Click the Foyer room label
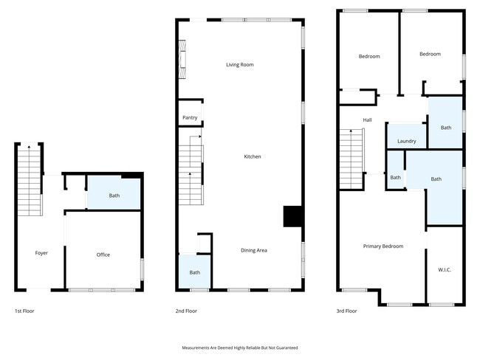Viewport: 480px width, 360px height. pyautogui.click(x=41, y=253)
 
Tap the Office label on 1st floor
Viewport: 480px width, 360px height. pyautogui.click(x=103, y=255)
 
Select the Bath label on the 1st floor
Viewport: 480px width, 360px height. pyautogui.click(x=114, y=195)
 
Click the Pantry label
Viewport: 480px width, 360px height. pyautogui.click(x=190, y=117)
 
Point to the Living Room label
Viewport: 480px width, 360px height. pyautogui.click(x=240, y=65)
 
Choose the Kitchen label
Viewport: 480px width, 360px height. pyautogui.click(x=253, y=156)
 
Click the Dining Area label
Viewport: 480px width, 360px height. pyautogui.click(x=254, y=250)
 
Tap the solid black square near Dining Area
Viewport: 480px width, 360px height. pyautogui.click(x=293, y=216)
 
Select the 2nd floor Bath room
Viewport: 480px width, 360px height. pyautogui.click(x=194, y=271)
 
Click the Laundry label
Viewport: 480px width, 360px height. pyautogui.click(x=407, y=141)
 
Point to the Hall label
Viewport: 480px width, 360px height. pyautogui.click(x=367, y=120)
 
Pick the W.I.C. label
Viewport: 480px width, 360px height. pyautogui.click(x=445, y=270)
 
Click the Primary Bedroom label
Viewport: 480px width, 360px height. pyautogui.click(x=383, y=246)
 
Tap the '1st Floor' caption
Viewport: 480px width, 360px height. pyautogui.click(x=24, y=311)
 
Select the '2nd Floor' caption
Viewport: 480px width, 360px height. pyautogui.click(x=186, y=311)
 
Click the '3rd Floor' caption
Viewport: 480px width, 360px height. pyautogui.click(x=346, y=311)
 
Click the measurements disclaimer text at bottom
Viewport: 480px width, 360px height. pyautogui.click(x=240, y=347)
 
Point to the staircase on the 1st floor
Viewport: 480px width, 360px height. pyautogui.click(x=29, y=181)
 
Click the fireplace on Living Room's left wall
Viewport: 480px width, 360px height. pyautogui.click(x=182, y=58)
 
